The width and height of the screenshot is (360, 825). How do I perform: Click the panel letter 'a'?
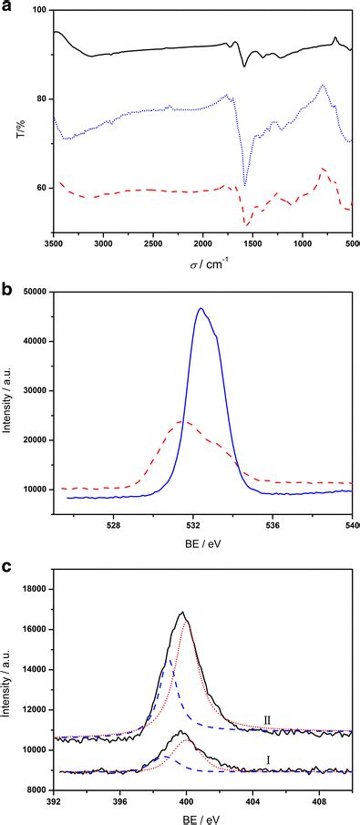point(6,5)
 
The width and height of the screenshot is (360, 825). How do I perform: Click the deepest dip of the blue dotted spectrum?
point(244,185)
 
